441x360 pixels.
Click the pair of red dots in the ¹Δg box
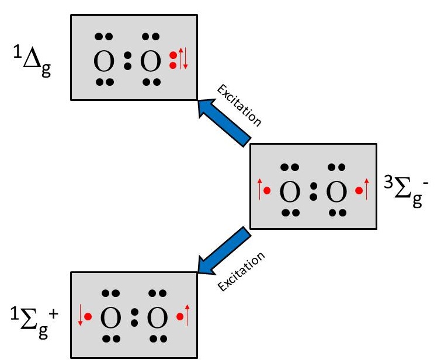(x=172, y=60)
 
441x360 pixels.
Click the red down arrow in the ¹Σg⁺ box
(x=79, y=317)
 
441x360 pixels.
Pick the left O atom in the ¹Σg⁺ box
(x=110, y=318)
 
